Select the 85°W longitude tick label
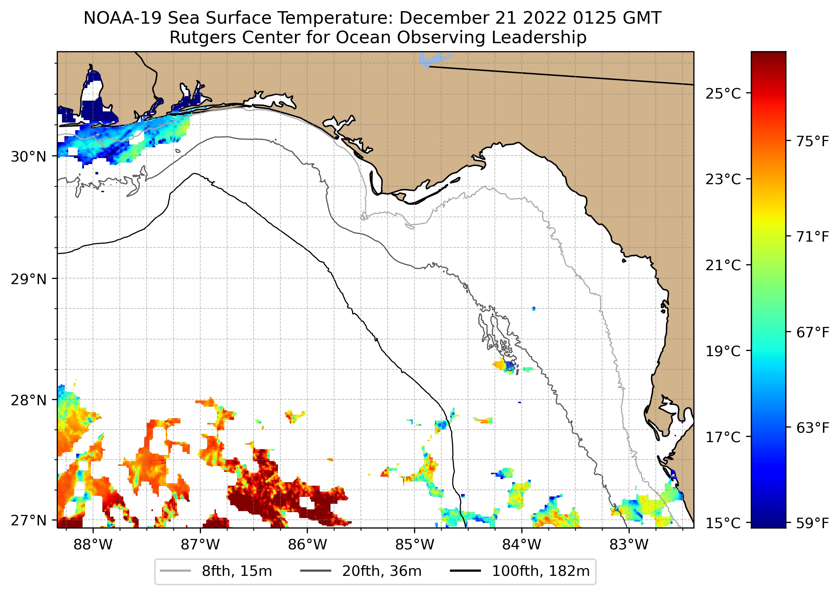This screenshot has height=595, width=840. coord(414,545)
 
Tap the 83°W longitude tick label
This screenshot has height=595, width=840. coord(629,545)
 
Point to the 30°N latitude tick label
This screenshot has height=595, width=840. coord(29,157)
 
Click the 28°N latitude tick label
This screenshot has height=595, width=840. coord(29,400)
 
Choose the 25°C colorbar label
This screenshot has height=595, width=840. coord(723,94)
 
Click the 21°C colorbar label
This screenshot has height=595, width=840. coord(723,265)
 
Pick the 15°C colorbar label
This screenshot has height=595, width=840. coord(723,523)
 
